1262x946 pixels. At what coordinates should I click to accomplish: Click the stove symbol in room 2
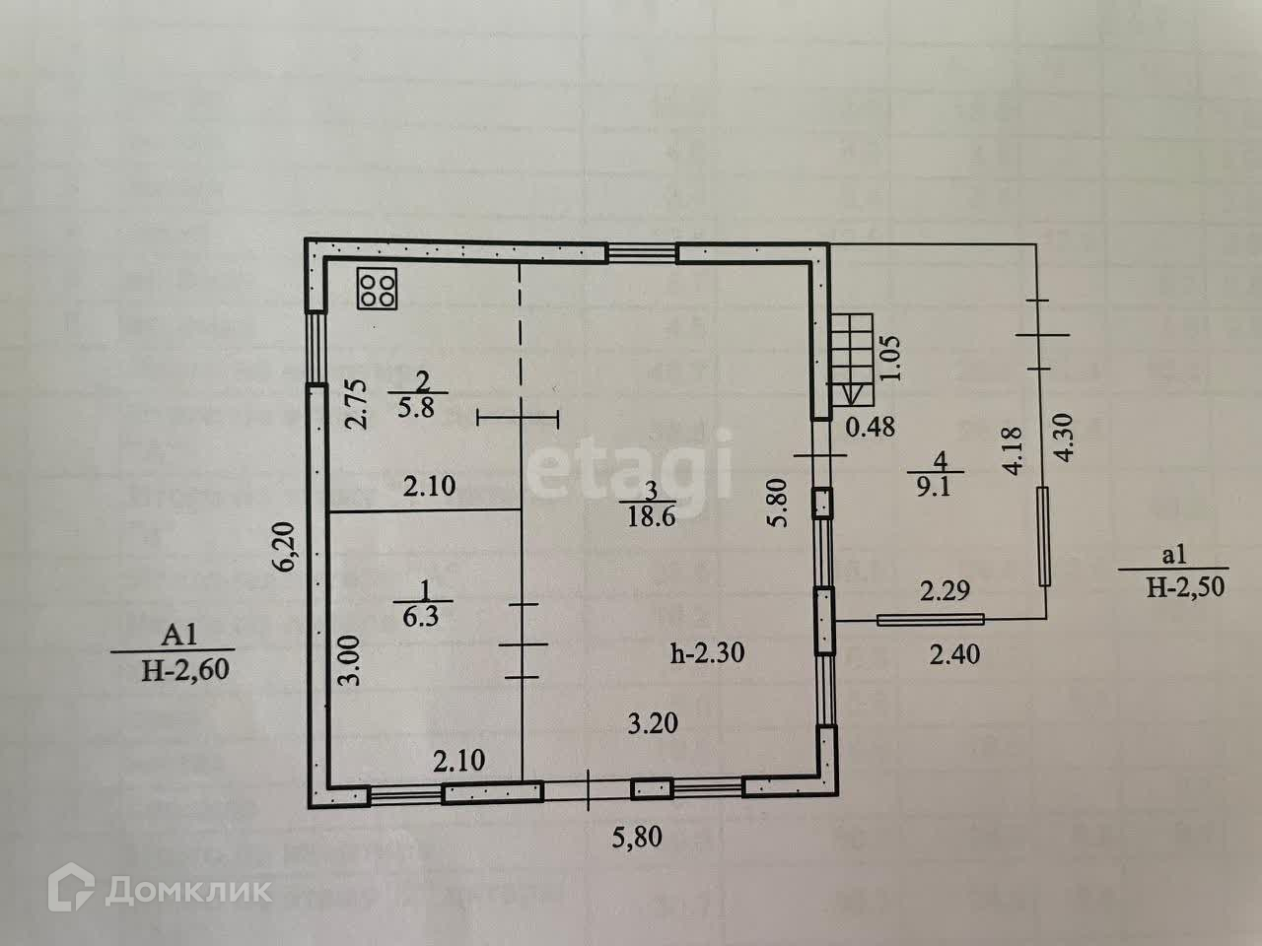[378, 289]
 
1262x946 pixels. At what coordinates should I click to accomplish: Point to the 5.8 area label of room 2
[421, 407]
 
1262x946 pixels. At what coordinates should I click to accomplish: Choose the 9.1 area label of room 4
[932, 487]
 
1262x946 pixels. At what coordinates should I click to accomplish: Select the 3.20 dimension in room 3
[654, 724]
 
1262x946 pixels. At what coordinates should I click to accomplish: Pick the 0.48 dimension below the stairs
[871, 427]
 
